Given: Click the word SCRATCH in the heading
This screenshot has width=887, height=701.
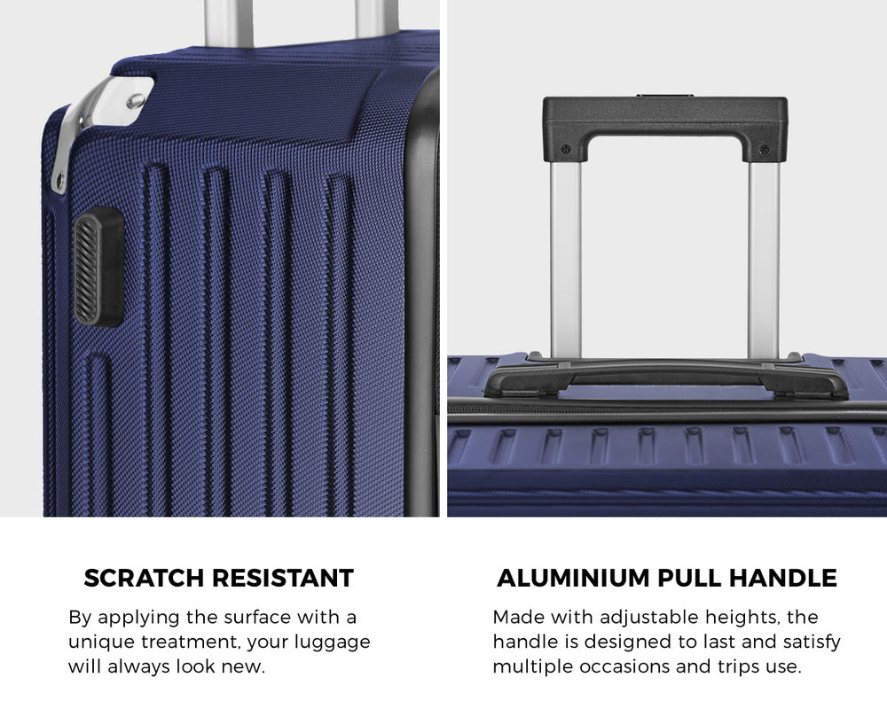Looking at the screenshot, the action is pyautogui.click(x=144, y=579).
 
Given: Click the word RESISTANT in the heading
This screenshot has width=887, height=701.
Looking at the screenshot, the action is pyautogui.click(x=283, y=579).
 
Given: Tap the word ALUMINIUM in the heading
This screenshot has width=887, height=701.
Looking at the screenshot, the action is pyautogui.click(x=574, y=579).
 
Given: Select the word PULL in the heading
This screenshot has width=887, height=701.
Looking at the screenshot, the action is pyautogui.click(x=689, y=579).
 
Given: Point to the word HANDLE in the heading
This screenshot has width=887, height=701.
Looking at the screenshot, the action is pyautogui.click(x=783, y=579).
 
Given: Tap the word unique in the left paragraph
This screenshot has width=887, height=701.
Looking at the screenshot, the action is pyautogui.click(x=101, y=643).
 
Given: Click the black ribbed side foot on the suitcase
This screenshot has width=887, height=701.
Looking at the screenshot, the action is pyautogui.click(x=98, y=267).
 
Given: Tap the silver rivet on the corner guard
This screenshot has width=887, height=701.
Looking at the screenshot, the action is pyautogui.click(x=135, y=101).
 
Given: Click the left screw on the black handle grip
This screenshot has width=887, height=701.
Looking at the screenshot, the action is pyautogui.click(x=564, y=149).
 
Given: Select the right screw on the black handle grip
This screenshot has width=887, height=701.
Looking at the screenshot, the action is pyautogui.click(x=765, y=149).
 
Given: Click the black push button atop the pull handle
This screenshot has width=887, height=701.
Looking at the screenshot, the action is pyautogui.click(x=665, y=96).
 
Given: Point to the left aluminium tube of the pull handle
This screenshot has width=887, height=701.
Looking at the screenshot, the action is pyautogui.click(x=565, y=260).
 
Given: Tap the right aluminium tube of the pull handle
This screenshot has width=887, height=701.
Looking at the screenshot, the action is pyautogui.click(x=764, y=260).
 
